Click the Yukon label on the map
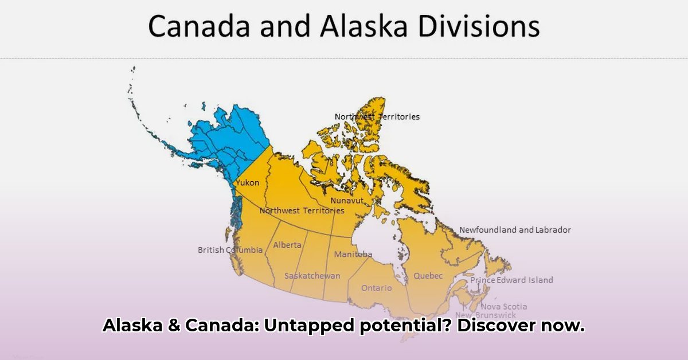(x=248, y=182)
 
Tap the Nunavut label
(x=347, y=201)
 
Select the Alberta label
(x=287, y=245)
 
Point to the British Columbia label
(x=230, y=250)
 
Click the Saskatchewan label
(x=312, y=276)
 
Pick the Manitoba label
(x=353, y=254)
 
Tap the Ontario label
(x=377, y=288)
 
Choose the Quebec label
(x=428, y=276)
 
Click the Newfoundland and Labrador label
(x=515, y=230)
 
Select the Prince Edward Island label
(x=511, y=280)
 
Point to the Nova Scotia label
(x=504, y=306)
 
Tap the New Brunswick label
(x=486, y=315)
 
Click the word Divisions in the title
(x=479, y=26)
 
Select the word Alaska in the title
(x=363, y=26)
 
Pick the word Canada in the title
(x=199, y=26)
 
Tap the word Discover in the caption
(x=496, y=325)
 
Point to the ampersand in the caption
(x=174, y=325)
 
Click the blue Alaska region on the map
(x=227, y=138)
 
